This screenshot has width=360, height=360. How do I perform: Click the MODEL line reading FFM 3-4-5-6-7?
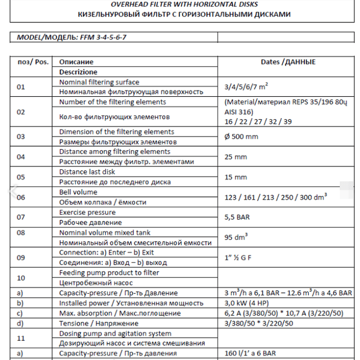click(x=75, y=37)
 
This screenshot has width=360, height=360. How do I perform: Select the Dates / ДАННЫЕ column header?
click(x=288, y=62)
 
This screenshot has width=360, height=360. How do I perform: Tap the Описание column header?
click(x=76, y=62)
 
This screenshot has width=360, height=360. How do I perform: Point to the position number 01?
click(x=21, y=87)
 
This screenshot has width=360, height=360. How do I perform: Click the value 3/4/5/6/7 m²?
click(x=246, y=87)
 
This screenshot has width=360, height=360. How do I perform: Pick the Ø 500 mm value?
click(x=241, y=137)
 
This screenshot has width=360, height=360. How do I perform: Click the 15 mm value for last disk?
click(x=236, y=177)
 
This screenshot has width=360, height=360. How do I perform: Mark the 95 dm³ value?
click(x=237, y=237)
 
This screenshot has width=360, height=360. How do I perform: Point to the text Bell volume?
click(x=78, y=192)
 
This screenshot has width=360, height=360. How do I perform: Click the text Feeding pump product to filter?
click(x=109, y=273)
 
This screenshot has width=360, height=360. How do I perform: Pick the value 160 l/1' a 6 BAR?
click(x=250, y=353)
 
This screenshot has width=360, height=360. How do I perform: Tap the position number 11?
click(x=21, y=339)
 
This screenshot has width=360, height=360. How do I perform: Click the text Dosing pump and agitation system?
click(x=115, y=334)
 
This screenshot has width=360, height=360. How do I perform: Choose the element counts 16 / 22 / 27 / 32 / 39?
click(x=258, y=121)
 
